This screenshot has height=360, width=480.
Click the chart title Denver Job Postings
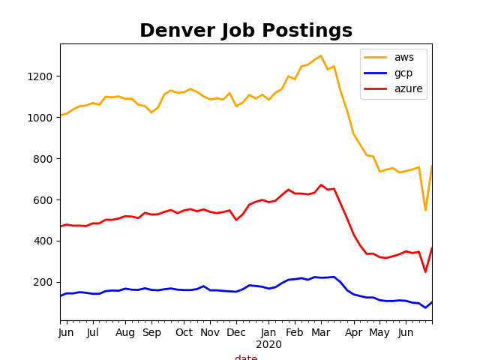pyautogui.click(x=246, y=31)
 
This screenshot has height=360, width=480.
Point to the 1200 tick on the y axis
pyautogui.click(x=42, y=76)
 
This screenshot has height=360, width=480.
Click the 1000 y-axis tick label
pyautogui.click(x=42, y=118)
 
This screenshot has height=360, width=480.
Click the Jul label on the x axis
pyautogui.click(x=93, y=332)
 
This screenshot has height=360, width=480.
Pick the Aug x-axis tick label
pyautogui.click(x=124, y=332)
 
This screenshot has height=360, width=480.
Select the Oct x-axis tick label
pyautogui.click(x=184, y=332)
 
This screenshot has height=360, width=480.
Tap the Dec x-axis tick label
pyautogui.click(x=236, y=332)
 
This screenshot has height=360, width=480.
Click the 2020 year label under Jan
pyautogui.click(x=268, y=345)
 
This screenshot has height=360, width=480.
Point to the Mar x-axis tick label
pyautogui.click(x=321, y=332)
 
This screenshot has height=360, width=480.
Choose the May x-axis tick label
pyautogui.click(x=379, y=332)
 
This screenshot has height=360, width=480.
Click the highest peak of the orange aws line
pyautogui.click(x=321, y=55)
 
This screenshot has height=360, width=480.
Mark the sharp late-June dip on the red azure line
pyautogui.click(x=425, y=271)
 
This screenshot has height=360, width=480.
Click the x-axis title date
pyautogui.click(x=246, y=358)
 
